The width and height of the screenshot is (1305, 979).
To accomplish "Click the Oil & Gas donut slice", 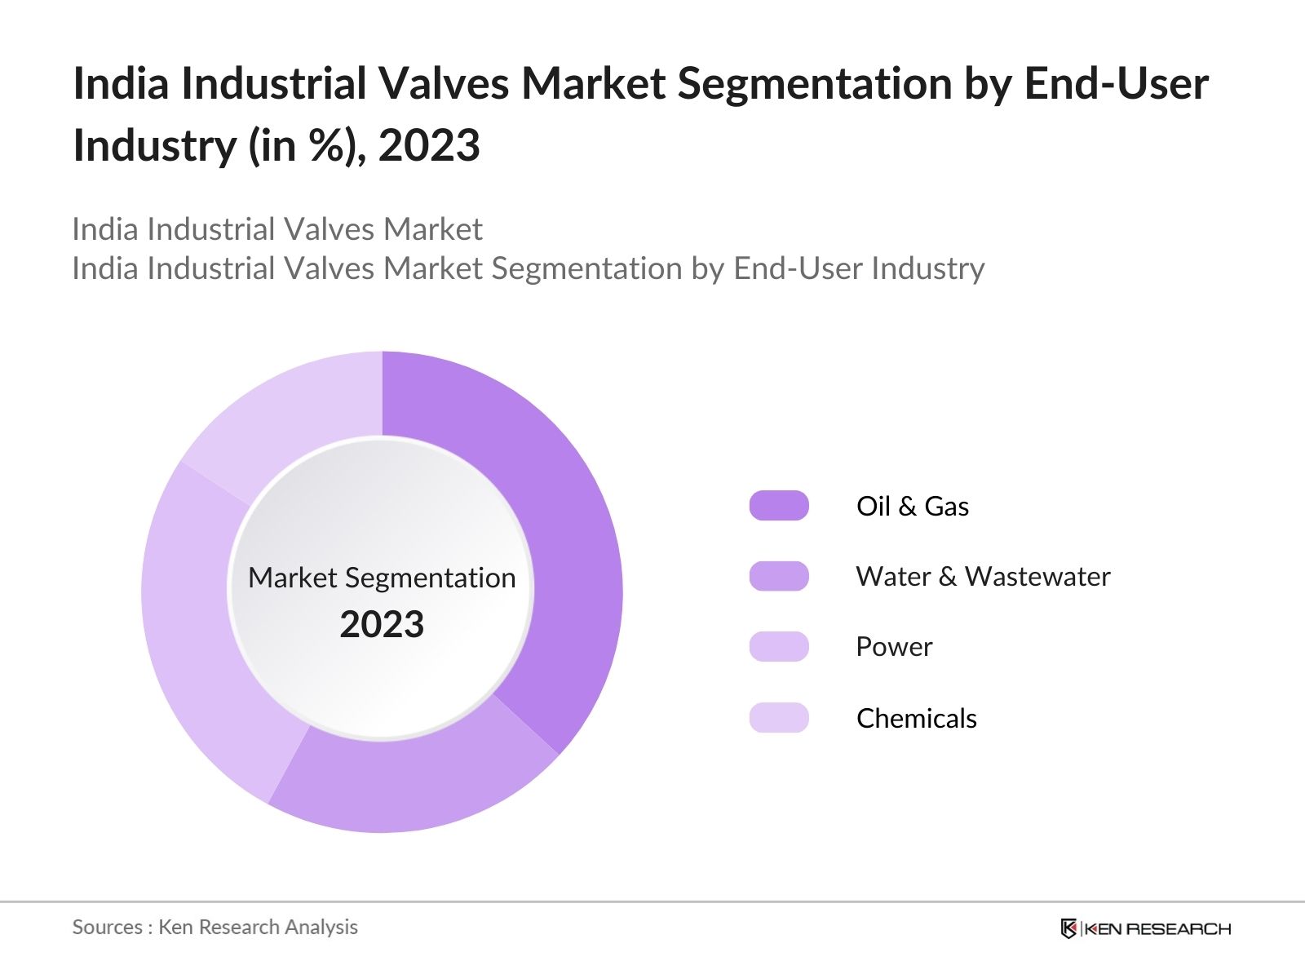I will point(563,530).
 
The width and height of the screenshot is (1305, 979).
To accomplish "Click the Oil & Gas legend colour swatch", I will point(779,506).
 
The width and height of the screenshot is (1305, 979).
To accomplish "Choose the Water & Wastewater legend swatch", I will point(779,576).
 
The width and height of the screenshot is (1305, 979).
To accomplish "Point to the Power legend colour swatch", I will point(779,646).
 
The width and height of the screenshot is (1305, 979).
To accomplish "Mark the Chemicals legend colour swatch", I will point(779,718).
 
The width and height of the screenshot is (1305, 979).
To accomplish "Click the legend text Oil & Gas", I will point(912,506).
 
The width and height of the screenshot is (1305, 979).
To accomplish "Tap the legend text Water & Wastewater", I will point(983,576).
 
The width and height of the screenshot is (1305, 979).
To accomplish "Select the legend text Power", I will point(894,646).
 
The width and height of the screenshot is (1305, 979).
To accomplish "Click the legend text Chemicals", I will point(916,718).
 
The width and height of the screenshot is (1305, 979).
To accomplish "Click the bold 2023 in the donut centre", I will point(382,624).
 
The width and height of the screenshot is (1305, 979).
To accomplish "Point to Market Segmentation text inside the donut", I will point(382,578).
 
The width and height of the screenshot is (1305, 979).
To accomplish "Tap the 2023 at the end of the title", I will point(429,146).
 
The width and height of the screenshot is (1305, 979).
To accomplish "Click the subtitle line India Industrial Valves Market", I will point(277,229).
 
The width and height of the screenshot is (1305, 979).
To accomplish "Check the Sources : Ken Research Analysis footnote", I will point(215,927).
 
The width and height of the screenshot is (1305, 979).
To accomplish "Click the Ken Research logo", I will point(1145,928).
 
